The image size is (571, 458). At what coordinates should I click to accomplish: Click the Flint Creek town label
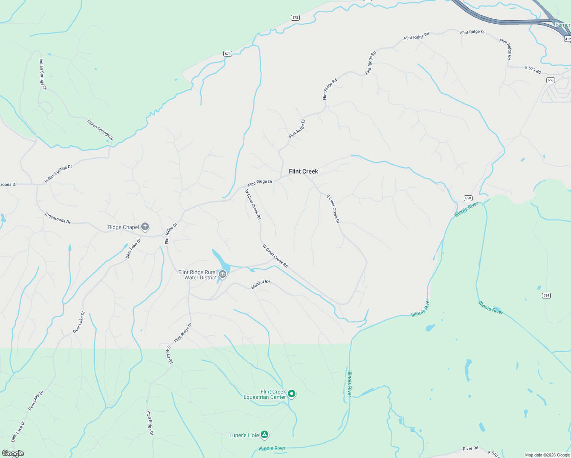(303, 171)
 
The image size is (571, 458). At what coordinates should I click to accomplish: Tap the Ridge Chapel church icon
(145, 227)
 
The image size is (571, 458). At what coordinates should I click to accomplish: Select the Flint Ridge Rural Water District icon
(223, 274)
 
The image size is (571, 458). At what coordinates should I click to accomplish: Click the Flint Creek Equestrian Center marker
(292, 393)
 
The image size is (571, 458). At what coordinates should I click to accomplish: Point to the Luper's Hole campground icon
(265, 435)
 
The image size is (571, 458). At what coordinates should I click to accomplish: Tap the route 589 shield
(546, 295)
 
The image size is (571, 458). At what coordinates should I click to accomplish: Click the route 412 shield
(567, 39)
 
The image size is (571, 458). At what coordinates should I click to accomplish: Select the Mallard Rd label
(261, 284)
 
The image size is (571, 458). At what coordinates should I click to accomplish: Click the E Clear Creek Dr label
(333, 209)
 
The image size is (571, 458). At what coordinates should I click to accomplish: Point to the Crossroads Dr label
(58, 218)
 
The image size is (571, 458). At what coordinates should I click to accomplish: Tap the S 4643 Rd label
(169, 355)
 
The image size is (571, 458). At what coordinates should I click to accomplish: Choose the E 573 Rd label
(533, 69)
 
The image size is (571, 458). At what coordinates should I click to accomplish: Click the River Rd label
(470, 448)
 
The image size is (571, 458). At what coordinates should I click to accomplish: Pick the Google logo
(13, 453)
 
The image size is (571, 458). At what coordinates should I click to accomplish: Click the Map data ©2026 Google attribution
(547, 455)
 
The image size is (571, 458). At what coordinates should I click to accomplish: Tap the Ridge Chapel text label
(123, 227)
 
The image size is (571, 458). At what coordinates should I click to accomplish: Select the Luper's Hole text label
(244, 435)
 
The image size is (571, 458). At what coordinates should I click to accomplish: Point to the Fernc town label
(563, 25)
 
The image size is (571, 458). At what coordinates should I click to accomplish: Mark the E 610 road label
(493, 454)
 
